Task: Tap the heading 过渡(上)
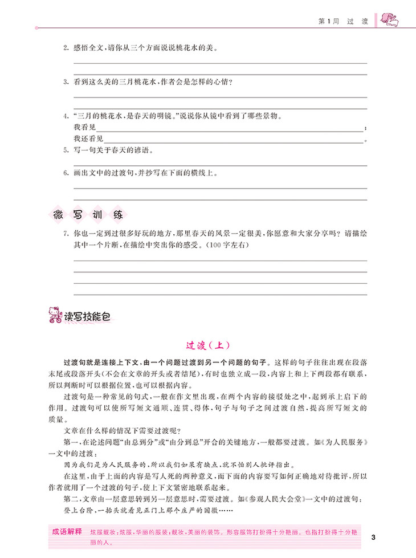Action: click(x=207, y=345)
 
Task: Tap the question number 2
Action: click(x=66, y=47)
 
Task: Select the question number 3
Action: click(x=66, y=82)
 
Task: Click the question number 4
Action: click(x=66, y=116)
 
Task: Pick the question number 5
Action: click(x=66, y=151)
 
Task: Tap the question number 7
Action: click(x=66, y=234)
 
